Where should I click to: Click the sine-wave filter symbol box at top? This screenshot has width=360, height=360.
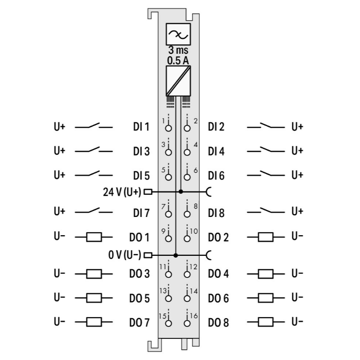pyautogui.click(x=178, y=34)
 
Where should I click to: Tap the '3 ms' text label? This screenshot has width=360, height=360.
pyautogui.click(x=178, y=50)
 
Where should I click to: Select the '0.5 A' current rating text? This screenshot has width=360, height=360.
pyautogui.click(x=178, y=60)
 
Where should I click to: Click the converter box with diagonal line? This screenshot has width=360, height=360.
pyautogui.click(x=178, y=81)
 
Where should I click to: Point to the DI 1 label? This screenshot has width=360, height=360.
pyautogui.click(x=141, y=127)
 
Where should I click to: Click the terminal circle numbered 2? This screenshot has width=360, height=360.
pyautogui.click(x=187, y=128)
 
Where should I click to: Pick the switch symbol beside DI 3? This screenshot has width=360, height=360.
pyautogui.click(x=94, y=150)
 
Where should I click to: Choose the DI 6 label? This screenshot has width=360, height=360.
pyautogui.click(x=216, y=176)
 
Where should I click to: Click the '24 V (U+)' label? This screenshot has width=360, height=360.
pyautogui.click(x=122, y=192)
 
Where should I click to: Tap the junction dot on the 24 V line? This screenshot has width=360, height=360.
pyautogui.click(x=180, y=192)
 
